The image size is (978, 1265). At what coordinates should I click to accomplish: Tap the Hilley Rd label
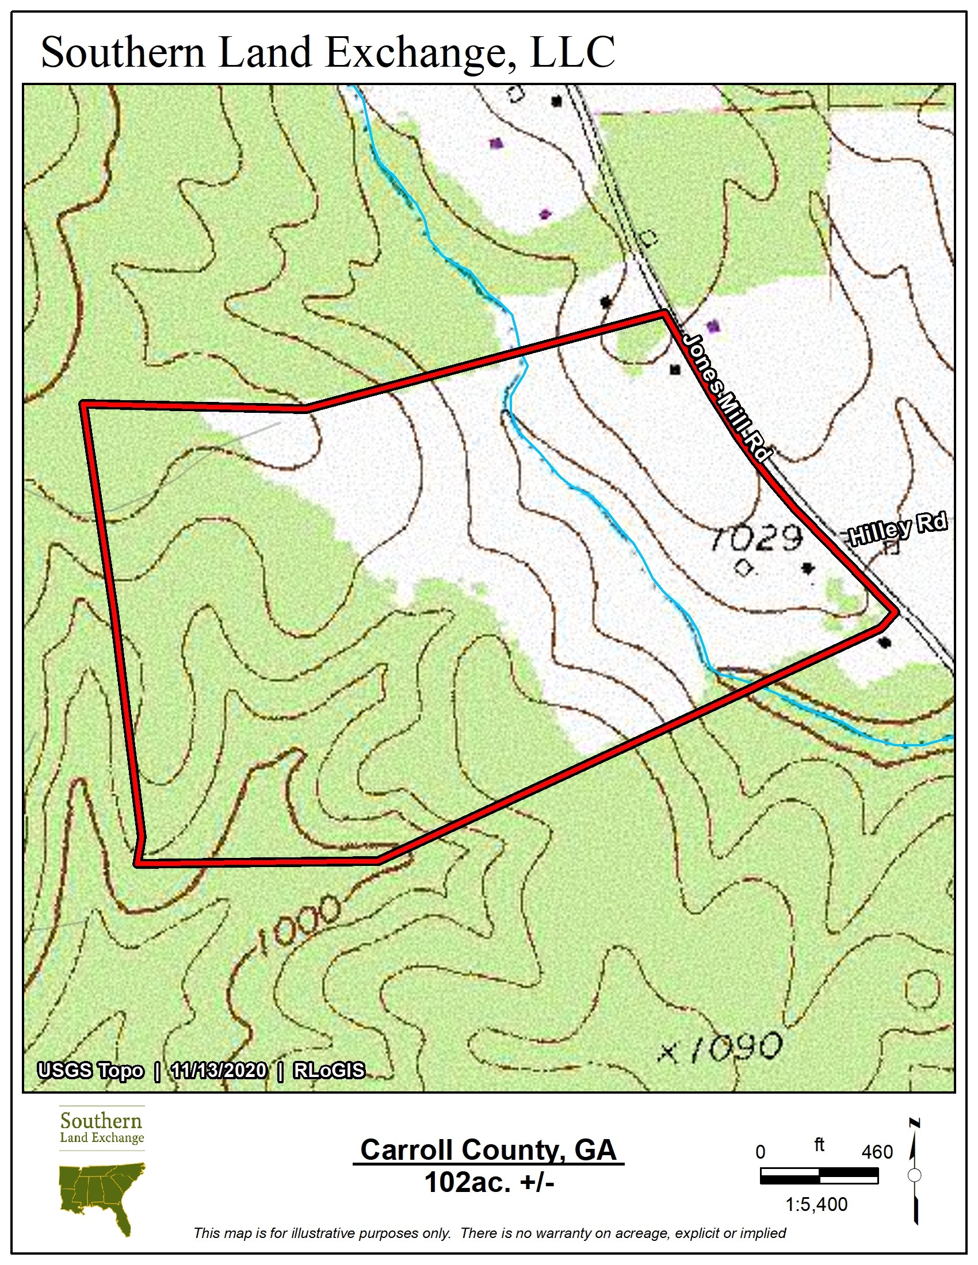click(x=897, y=528)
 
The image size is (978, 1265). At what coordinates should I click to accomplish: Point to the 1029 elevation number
click(x=757, y=539)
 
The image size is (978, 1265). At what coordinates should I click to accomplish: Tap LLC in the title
click(x=572, y=53)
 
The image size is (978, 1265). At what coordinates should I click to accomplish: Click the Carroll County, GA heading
click(x=488, y=1150)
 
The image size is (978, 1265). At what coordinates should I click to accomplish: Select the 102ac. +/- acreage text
click(x=489, y=1182)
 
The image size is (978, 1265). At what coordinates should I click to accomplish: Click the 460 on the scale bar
click(x=877, y=1152)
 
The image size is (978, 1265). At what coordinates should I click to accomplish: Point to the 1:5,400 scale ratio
click(x=816, y=1205)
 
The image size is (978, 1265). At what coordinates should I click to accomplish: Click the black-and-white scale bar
click(x=819, y=1176)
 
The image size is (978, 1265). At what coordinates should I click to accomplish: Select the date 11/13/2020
click(x=219, y=1071)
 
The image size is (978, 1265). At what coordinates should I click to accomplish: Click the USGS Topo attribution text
click(x=90, y=1071)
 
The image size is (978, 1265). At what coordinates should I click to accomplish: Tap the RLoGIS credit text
click(x=329, y=1071)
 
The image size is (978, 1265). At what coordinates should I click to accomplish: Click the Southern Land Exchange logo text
click(x=102, y=1128)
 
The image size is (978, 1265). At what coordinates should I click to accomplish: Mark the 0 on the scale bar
click(x=761, y=1152)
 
